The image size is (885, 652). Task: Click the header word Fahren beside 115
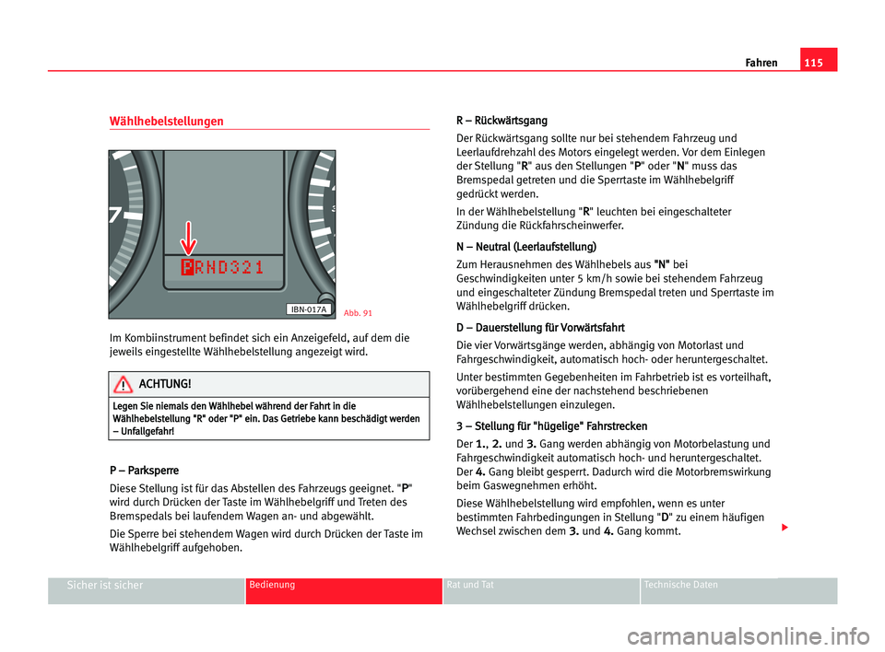[760, 63]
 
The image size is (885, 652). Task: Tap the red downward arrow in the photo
[188, 238]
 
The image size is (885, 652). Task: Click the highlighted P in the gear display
[188, 267]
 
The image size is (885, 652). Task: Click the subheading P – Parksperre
[144, 470]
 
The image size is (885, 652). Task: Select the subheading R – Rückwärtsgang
[501, 121]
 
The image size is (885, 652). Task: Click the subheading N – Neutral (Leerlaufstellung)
[525, 247]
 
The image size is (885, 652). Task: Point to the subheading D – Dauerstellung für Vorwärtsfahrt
[540, 327]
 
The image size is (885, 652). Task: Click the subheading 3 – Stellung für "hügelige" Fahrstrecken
[551, 426]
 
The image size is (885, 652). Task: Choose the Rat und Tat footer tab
[470, 586]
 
